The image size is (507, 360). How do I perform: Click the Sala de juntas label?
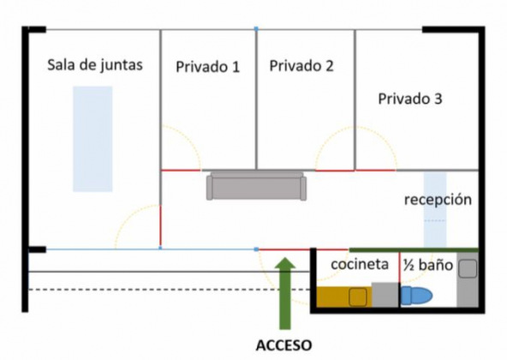coord(95,65)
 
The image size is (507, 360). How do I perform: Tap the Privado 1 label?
coord(207,67)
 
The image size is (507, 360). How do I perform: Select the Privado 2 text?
coord(301,66)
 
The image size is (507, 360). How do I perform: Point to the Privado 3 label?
coord(410,99)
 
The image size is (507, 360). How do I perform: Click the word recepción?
coord(438,200)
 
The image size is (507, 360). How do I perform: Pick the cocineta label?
coord(360,264)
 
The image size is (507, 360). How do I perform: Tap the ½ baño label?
coord(428,265)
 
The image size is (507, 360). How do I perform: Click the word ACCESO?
coord(283,345)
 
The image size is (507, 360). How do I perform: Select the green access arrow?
coord(285,293)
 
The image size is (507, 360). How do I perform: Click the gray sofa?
coord(256,186)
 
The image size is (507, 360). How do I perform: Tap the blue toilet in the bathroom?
coord(416,296)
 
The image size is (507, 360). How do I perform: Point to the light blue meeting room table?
coord(92,139)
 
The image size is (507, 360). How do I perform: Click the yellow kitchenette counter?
coord(344,297)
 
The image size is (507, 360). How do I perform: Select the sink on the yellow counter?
coord(358,297)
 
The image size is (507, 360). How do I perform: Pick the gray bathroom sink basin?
coord(468,268)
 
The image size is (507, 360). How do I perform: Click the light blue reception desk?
coord(435,210)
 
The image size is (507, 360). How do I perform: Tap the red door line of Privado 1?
coord(181,171)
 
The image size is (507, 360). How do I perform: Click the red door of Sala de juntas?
coord(160,225)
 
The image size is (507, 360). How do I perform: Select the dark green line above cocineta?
coord(414,250)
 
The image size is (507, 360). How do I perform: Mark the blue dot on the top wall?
coord(256,29)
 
